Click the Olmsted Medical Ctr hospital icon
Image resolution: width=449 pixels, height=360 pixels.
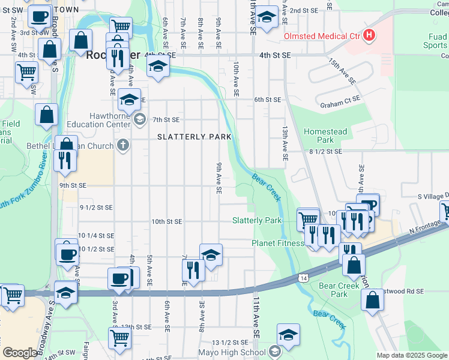click(x=369, y=36)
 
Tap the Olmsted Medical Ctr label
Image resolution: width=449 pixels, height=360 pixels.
click(x=322, y=37)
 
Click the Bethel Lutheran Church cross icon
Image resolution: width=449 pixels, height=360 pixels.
click(x=123, y=145)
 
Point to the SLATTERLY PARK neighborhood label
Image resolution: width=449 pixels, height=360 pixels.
click(x=194, y=137)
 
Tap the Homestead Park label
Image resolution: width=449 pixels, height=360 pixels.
click(x=325, y=136)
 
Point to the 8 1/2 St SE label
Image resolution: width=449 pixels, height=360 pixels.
click(x=325, y=152)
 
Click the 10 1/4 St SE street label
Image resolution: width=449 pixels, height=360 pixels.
click(x=95, y=236)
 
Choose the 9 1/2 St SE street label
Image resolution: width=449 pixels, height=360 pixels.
click(x=96, y=208)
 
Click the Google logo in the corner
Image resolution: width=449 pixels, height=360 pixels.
click(x=20, y=353)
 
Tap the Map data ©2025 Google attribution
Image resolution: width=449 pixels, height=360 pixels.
click(x=412, y=355)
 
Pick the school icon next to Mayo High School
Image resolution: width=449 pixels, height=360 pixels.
click(x=275, y=351)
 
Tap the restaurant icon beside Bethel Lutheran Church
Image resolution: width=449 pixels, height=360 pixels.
click(x=64, y=160)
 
